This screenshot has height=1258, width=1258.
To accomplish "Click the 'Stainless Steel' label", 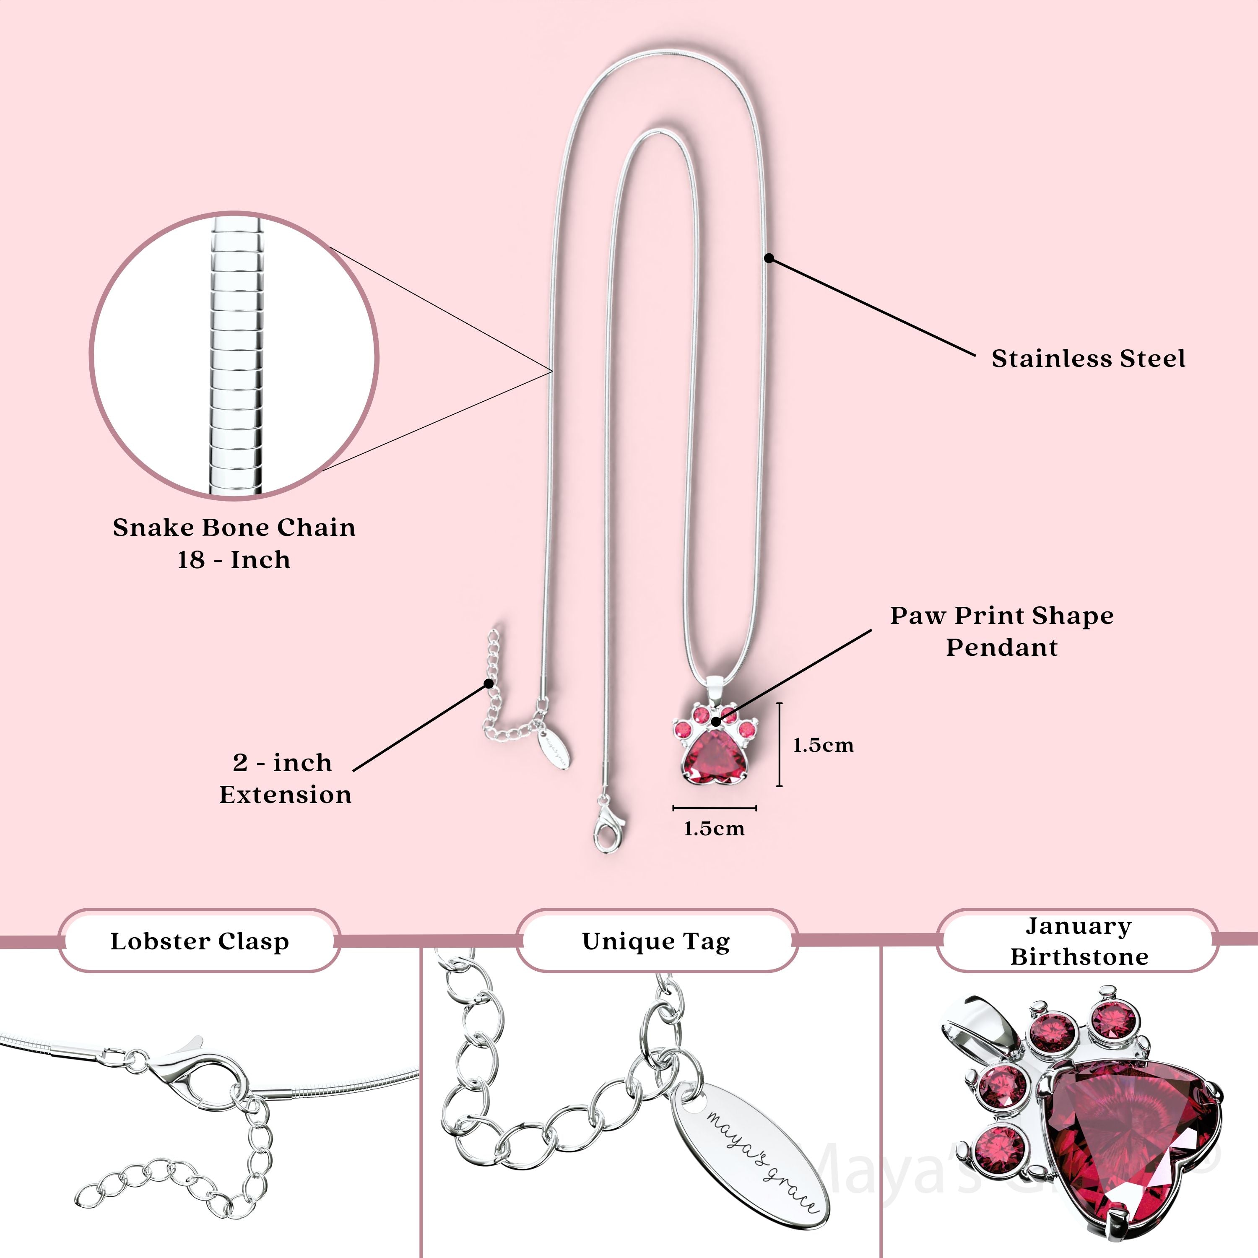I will (1088, 359).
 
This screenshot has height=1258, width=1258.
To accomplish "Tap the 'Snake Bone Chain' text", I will (234, 528).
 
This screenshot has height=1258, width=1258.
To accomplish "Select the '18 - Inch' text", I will (234, 560).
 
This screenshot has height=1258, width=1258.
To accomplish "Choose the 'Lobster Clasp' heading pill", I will (199, 941).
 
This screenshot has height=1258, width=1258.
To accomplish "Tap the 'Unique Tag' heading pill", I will (656, 941).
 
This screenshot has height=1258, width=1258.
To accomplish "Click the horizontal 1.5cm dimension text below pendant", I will (714, 829).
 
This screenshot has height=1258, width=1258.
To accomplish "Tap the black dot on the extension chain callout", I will (489, 683).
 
